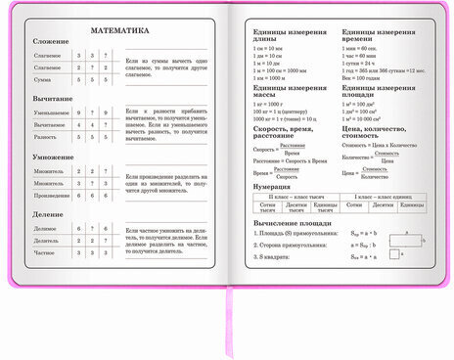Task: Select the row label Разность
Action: pos(45,137)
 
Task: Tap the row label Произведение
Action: pos(50,195)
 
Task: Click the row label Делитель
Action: pos(46,240)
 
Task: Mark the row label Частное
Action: pos(45,251)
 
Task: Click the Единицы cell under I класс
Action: pos(411,205)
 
